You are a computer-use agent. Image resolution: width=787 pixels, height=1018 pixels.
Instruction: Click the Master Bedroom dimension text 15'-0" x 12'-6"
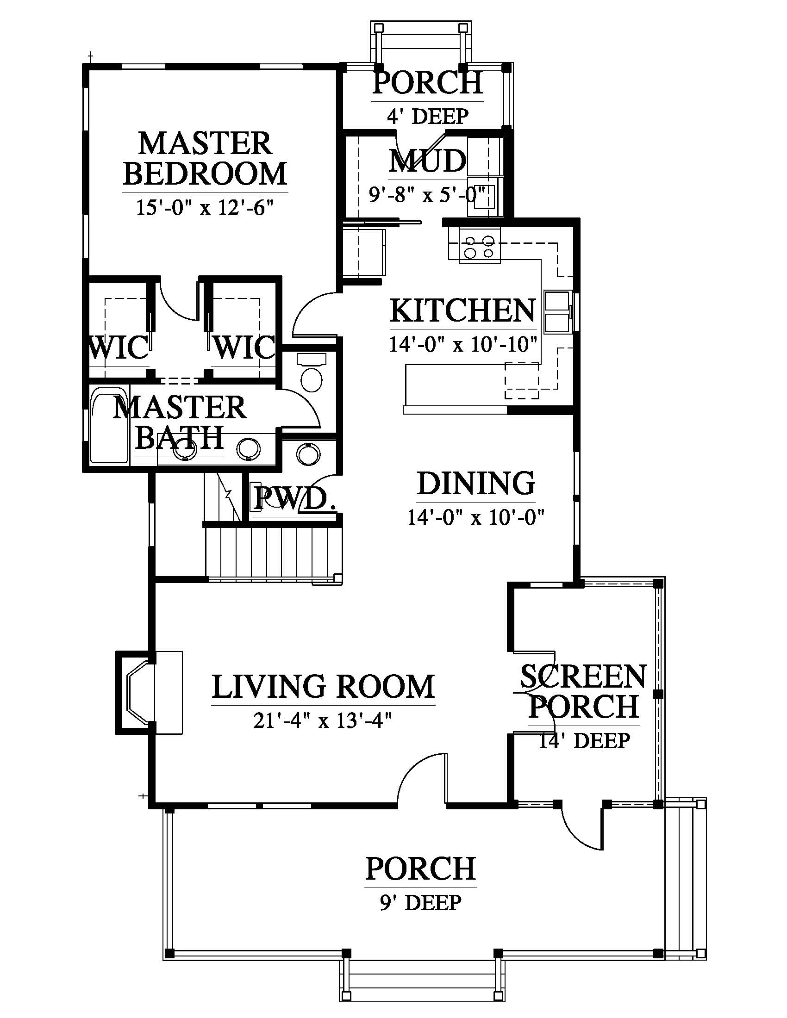click(x=204, y=207)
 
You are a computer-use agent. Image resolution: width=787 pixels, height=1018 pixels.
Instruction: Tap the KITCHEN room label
click(x=463, y=310)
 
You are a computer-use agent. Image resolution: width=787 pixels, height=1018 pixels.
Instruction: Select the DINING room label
click(x=476, y=484)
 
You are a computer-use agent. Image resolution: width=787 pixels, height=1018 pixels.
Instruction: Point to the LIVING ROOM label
click(x=323, y=687)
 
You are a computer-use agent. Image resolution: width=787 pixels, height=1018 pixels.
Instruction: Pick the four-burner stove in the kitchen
click(x=479, y=247)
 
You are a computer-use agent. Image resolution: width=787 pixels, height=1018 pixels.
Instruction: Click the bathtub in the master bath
click(x=109, y=426)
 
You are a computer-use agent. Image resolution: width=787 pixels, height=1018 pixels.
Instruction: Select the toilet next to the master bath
click(x=312, y=372)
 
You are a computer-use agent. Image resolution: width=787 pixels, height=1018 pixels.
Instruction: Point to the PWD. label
click(x=294, y=498)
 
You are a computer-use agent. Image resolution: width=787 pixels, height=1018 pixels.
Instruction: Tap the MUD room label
click(x=428, y=161)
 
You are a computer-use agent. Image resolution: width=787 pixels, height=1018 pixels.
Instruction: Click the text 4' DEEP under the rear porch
click(x=428, y=116)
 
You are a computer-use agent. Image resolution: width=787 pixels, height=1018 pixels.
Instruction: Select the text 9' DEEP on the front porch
click(x=420, y=902)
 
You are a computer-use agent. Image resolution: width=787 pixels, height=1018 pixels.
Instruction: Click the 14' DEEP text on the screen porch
click(x=585, y=741)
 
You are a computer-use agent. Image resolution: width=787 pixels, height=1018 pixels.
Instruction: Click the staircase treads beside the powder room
click(x=274, y=553)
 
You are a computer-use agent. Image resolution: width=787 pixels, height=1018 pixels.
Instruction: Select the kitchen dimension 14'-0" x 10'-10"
click(x=463, y=344)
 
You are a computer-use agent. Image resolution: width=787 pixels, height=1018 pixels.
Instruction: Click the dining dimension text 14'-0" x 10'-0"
click(x=476, y=517)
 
